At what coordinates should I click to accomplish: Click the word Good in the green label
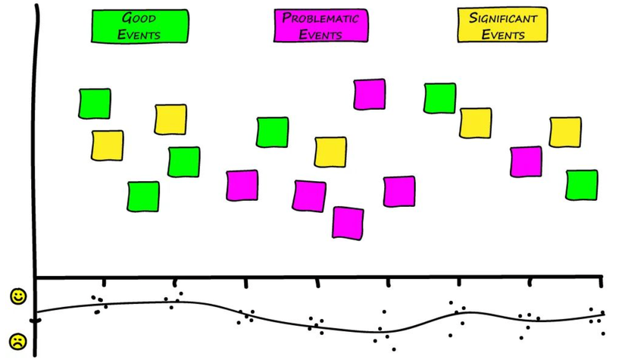(x=139, y=17)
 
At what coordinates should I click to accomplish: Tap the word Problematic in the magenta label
(x=320, y=18)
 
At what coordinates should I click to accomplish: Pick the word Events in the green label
(x=139, y=34)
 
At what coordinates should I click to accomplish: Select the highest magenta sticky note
(x=370, y=94)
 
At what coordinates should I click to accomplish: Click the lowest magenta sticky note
(x=348, y=222)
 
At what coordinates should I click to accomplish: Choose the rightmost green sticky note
(x=581, y=185)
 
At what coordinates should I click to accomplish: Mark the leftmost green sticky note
(x=95, y=104)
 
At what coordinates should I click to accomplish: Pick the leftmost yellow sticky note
(x=107, y=146)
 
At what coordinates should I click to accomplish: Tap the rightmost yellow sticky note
(x=565, y=132)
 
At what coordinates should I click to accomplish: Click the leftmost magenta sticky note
(x=242, y=186)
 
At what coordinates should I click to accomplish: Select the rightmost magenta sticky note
(x=526, y=161)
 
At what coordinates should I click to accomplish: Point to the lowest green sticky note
(x=143, y=196)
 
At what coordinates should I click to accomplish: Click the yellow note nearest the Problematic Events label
(x=330, y=152)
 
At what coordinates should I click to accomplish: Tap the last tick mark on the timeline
(x=601, y=282)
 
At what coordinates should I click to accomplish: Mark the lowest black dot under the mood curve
(x=394, y=349)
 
